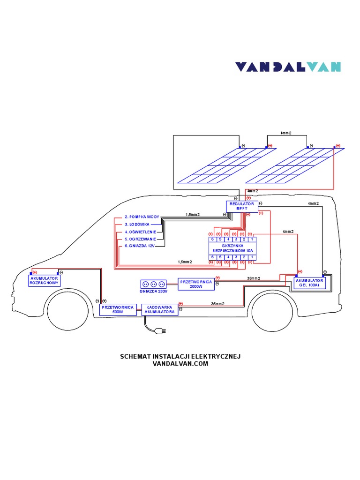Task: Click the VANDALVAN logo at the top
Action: tap(287, 67)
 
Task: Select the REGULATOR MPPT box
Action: tap(242, 206)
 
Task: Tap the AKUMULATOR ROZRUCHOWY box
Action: tap(44, 280)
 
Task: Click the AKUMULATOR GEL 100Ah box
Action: tap(309, 283)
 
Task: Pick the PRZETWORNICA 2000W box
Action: tap(195, 284)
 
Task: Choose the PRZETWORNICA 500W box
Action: tap(117, 309)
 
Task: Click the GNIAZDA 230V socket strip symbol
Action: tap(153, 284)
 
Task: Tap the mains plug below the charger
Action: tap(160, 331)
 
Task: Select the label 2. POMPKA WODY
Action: tap(142, 217)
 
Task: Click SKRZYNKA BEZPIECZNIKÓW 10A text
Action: tap(232, 248)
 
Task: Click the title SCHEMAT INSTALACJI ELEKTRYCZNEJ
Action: tap(180, 357)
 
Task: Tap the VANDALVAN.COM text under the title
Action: tap(180, 364)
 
